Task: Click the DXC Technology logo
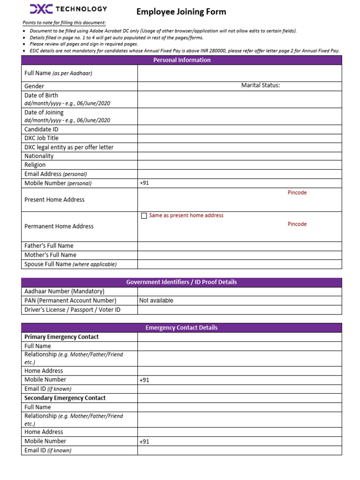(68, 9)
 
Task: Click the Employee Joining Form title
(181, 12)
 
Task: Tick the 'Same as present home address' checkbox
(144, 216)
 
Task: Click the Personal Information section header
(182, 60)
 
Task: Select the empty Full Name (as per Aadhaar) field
(239, 73)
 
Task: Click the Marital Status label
(260, 85)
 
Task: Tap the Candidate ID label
(41, 129)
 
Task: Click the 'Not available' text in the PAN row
(156, 300)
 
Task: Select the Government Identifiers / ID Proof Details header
(182, 282)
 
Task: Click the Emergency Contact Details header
(182, 328)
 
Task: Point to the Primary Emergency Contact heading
(61, 337)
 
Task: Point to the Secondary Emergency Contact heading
(65, 398)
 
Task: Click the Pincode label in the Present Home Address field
(297, 193)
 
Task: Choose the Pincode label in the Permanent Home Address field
(297, 224)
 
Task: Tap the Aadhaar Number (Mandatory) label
(64, 292)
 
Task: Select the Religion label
(35, 165)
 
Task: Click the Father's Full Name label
(49, 246)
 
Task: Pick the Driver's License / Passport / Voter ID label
(72, 310)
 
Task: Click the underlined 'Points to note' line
(64, 23)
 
